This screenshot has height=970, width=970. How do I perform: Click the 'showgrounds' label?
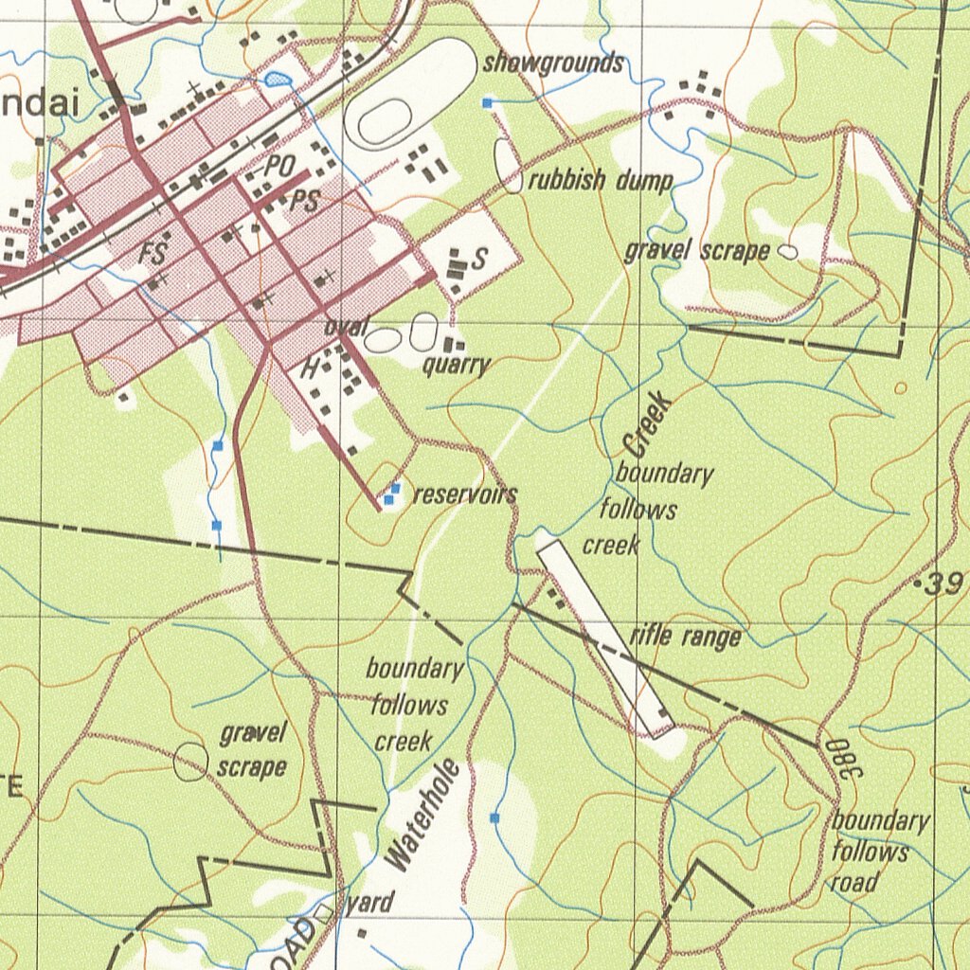553,63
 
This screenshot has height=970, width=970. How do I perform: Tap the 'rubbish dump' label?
600,180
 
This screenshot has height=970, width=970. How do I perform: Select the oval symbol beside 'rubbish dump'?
509,167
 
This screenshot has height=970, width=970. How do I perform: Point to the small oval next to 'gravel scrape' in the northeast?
786,252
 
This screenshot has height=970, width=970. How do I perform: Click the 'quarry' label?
457,366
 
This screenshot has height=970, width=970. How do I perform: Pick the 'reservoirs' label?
465,494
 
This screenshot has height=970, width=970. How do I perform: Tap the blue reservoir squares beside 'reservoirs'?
391,493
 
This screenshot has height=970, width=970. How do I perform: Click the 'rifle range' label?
685,636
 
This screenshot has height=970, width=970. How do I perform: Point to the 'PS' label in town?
304,201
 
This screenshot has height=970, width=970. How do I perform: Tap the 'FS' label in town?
153,254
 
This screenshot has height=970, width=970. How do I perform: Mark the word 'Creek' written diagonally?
649,422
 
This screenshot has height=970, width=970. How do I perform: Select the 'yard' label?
368,903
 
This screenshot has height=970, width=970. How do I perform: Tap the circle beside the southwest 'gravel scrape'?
190,762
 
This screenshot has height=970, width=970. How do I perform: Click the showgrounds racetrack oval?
410,94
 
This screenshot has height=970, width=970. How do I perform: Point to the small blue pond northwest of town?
277,80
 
